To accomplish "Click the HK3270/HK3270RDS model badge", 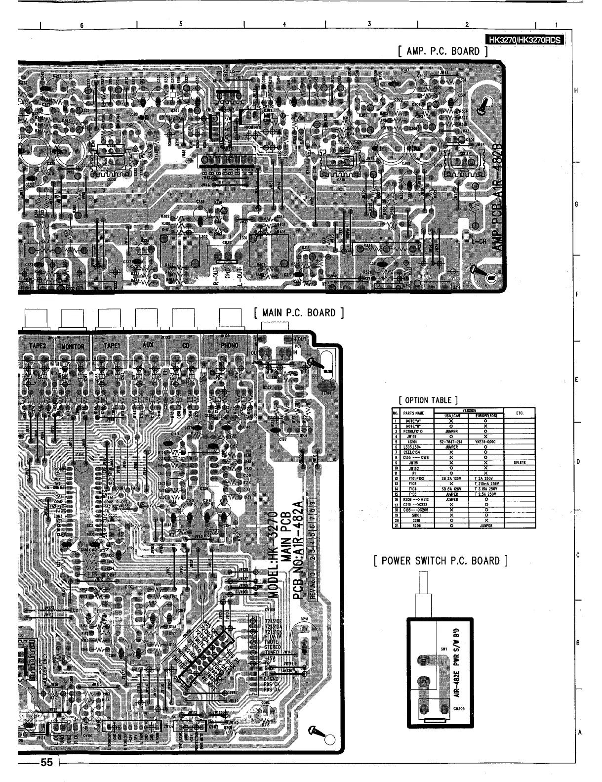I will pyautogui.click(x=524, y=41).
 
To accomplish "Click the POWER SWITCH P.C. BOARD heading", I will pyautogui.click(x=441, y=561).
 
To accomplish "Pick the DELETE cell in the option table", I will pyautogui.click(x=520, y=463).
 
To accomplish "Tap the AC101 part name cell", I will pyautogui.click(x=413, y=442).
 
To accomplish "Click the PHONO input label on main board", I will pyautogui.click(x=229, y=345).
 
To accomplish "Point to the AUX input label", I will pyautogui.click(x=148, y=345).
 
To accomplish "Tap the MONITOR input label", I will pyautogui.click(x=74, y=346).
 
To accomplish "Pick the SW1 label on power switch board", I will pyautogui.click(x=444, y=649).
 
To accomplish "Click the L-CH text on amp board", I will pyautogui.click(x=478, y=242).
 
